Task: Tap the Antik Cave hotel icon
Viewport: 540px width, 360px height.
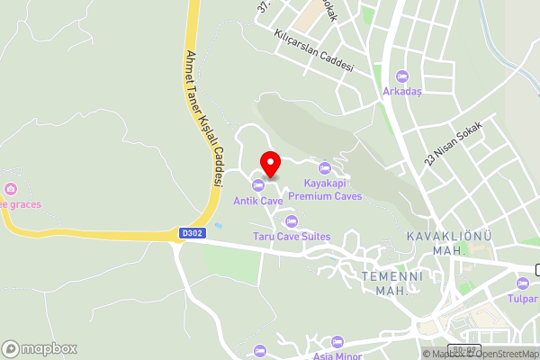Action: (259, 185)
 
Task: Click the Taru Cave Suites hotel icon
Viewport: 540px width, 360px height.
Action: (291, 221)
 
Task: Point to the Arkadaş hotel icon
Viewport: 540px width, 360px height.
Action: (402, 76)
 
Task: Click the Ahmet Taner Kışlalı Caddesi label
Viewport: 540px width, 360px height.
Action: (202, 117)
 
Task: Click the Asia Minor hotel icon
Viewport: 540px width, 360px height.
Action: (337, 342)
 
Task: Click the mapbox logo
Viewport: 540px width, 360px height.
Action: (40, 348)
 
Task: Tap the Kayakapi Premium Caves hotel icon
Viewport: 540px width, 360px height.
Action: (326, 168)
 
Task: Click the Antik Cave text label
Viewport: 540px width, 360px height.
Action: (259, 201)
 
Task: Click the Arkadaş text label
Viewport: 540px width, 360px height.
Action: (402, 91)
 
